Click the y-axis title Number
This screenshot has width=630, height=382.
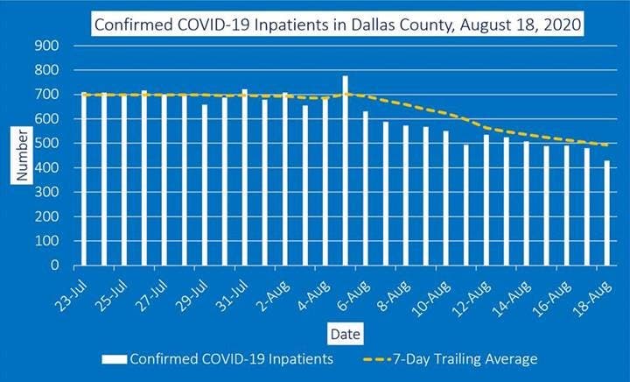pos(21,155)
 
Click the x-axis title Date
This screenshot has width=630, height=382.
pos(340,333)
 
